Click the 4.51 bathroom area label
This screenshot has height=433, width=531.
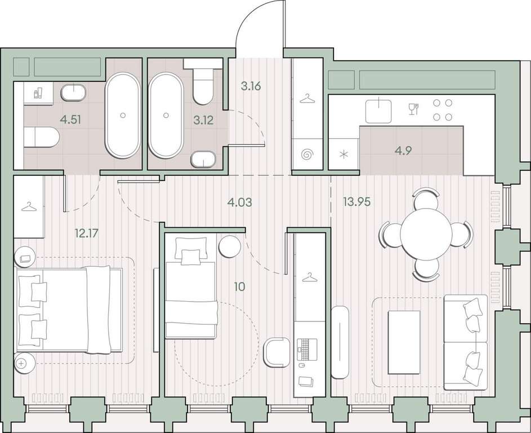70,120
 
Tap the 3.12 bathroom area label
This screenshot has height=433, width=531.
203,120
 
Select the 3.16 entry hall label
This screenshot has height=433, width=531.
251,86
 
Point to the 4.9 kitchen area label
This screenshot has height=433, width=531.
403,150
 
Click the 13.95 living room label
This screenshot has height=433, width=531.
356,202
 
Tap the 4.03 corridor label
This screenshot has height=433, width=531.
240,202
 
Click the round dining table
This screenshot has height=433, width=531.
426,234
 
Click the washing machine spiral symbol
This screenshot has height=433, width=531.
307,154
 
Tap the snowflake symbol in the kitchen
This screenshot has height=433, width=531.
344,155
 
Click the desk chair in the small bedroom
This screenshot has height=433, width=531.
276,352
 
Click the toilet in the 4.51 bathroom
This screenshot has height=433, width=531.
42,137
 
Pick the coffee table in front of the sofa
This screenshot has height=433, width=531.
404,342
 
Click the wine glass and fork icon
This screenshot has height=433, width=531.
414,109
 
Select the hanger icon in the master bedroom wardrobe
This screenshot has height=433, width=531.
29,206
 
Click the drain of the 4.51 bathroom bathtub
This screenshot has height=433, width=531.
123,115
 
